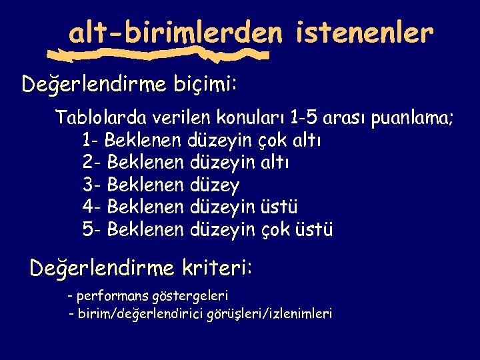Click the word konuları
click(249, 119)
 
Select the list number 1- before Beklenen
click(91, 141)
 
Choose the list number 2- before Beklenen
click(91, 163)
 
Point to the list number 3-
click(91, 185)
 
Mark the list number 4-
click(91, 207)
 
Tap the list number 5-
click(91, 230)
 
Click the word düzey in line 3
click(215, 185)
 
